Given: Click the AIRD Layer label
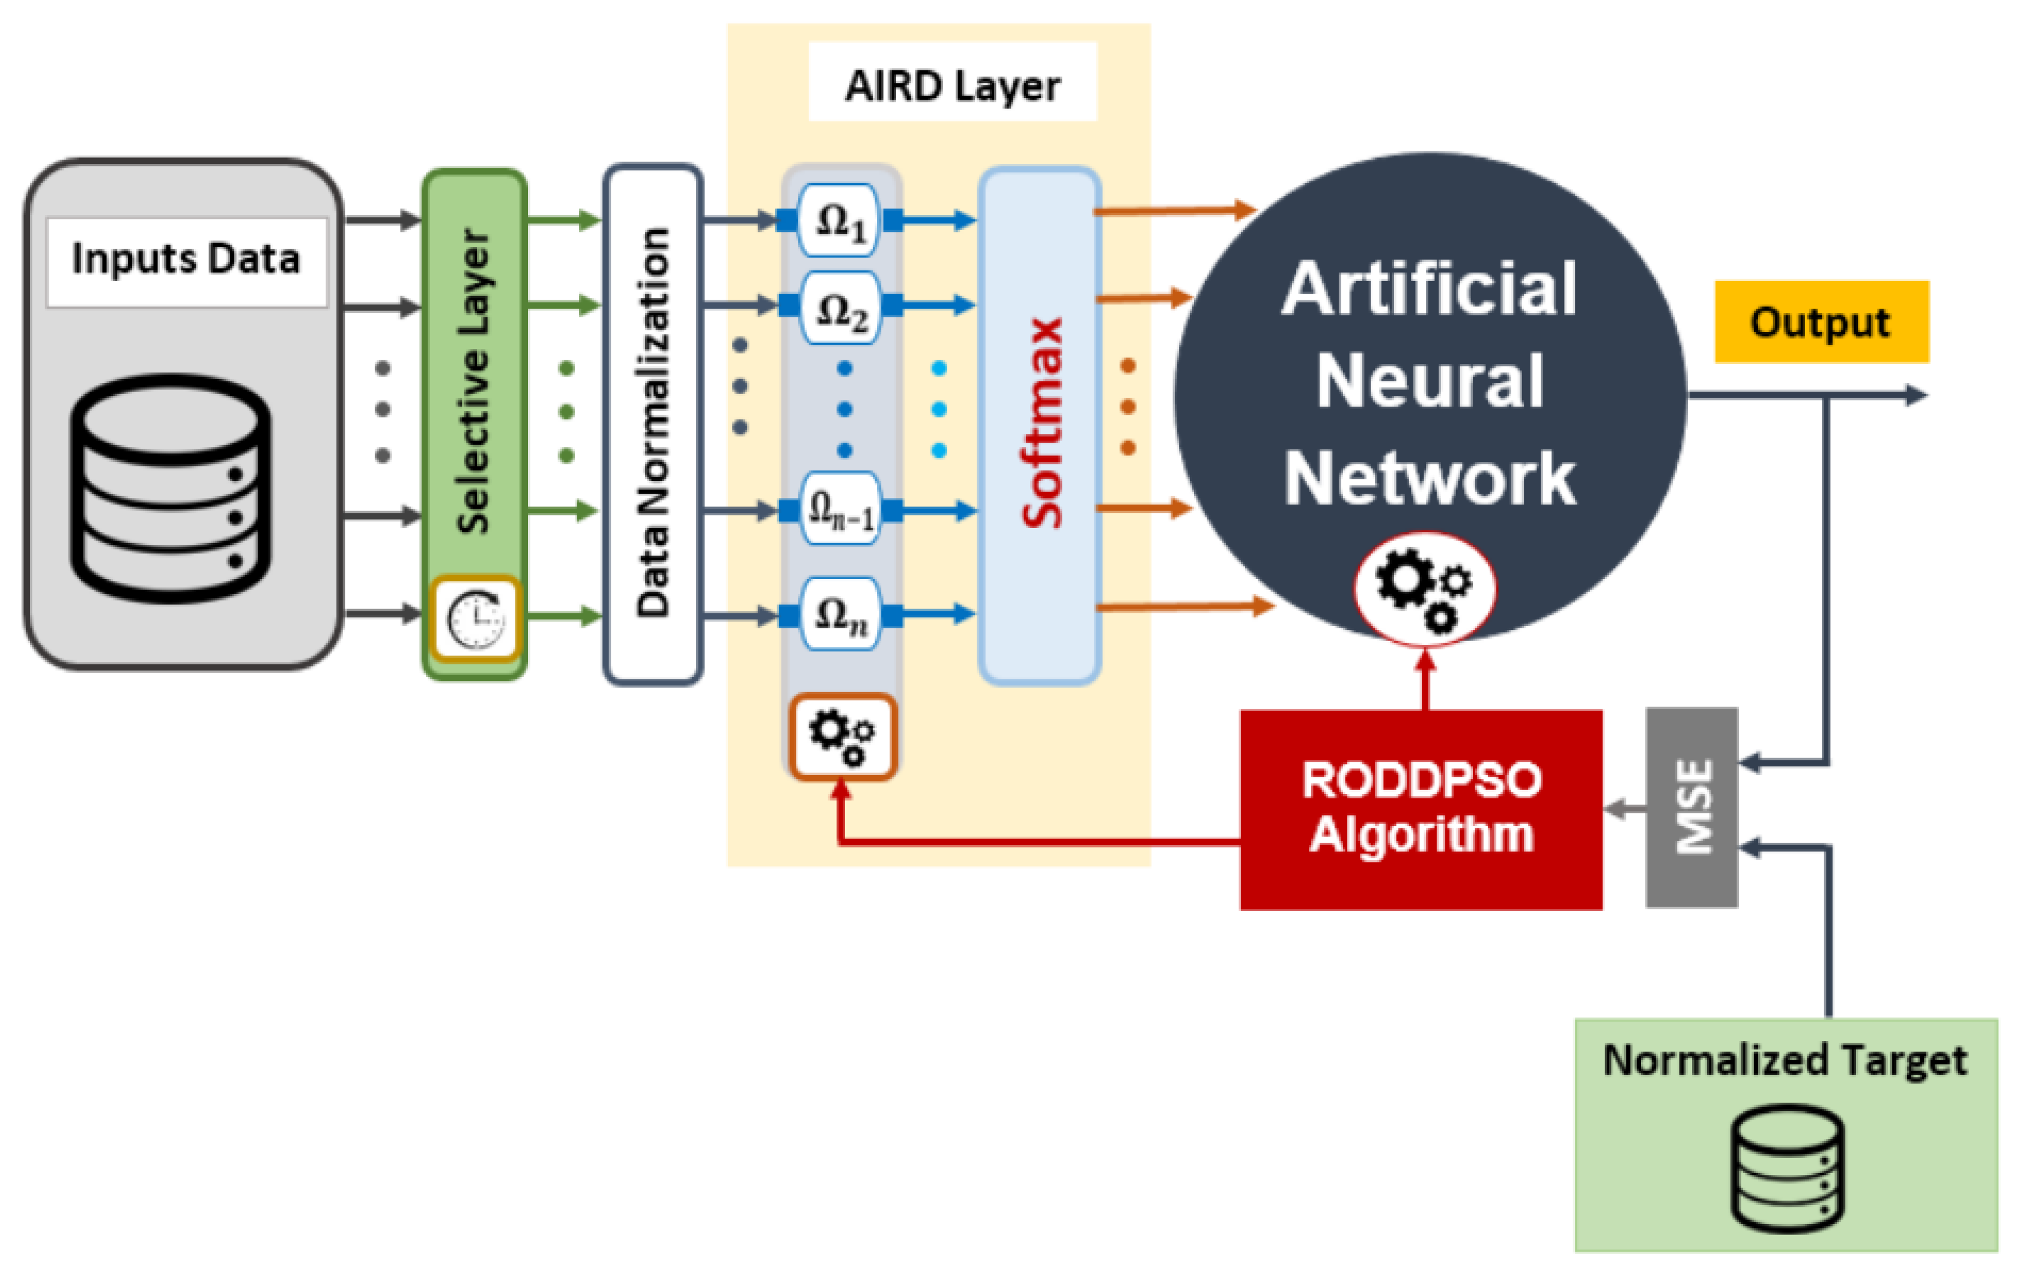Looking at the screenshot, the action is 953,85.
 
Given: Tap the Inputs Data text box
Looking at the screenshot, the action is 186,261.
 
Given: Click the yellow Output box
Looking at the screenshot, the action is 1822,322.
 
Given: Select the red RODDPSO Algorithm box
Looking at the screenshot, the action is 1421,809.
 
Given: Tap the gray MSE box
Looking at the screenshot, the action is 1692,807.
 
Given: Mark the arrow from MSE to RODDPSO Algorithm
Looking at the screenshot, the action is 1625,809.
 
